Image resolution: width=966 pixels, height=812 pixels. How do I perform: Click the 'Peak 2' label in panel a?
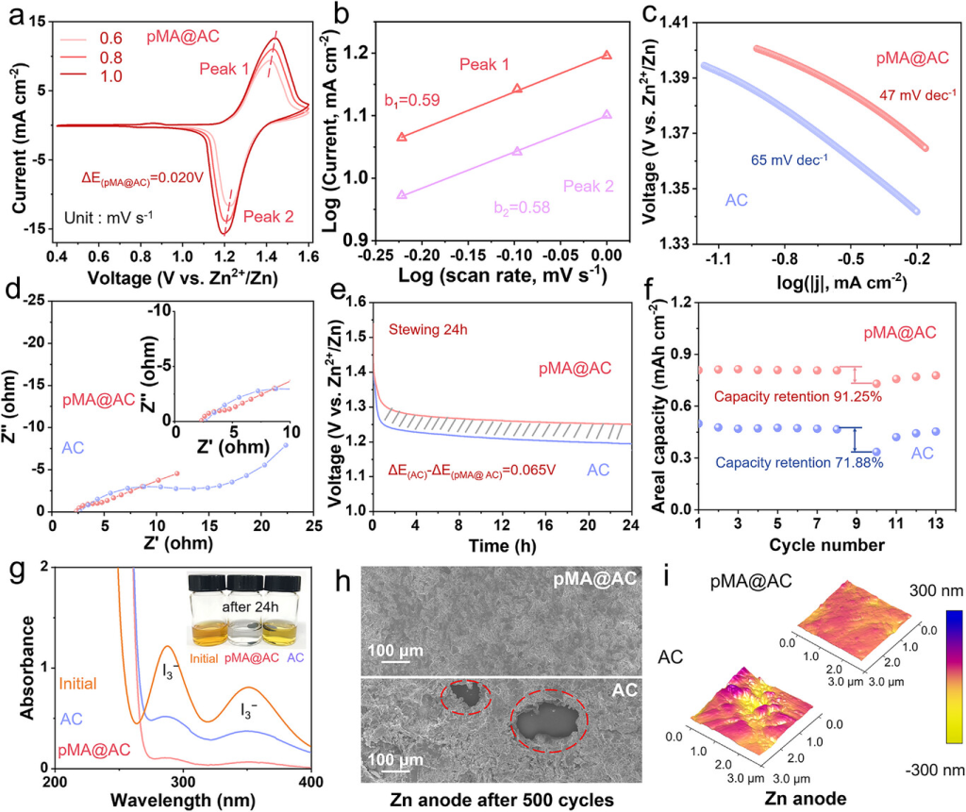tap(268, 217)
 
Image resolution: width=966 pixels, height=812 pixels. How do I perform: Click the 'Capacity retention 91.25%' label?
tap(798, 397)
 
